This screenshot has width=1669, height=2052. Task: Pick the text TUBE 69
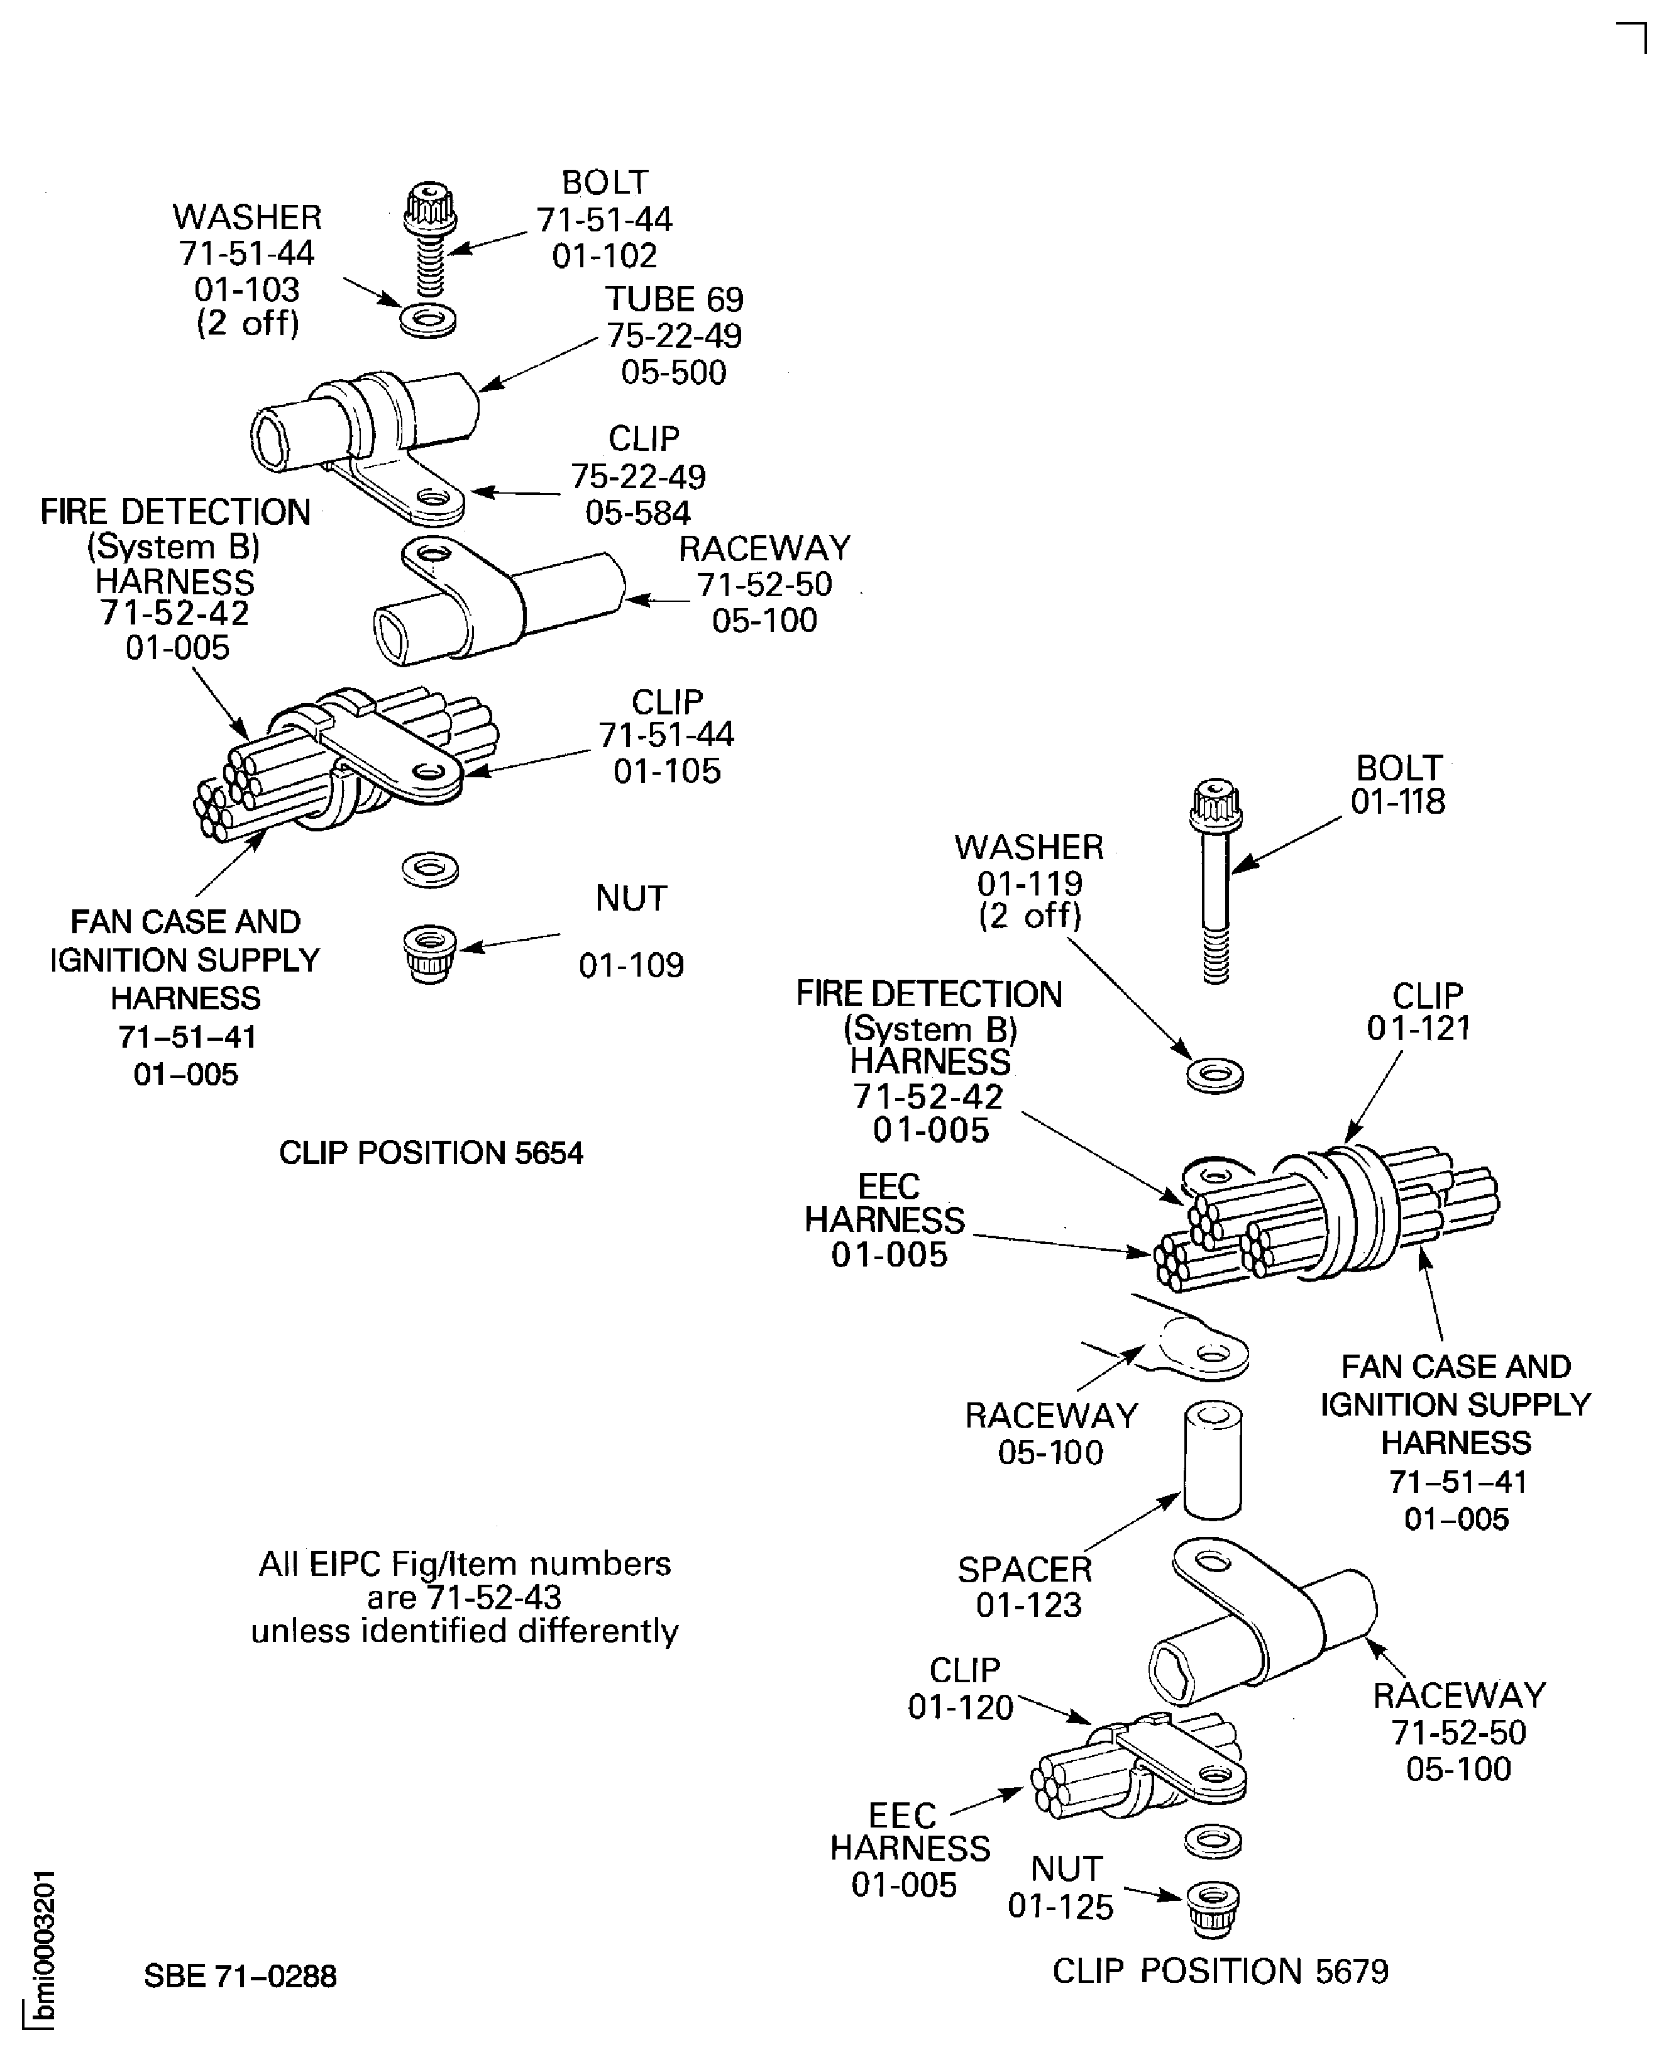point(674,300)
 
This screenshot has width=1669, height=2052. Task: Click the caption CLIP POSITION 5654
point(431,1153)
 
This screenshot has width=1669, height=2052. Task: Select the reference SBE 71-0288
point(240,1976)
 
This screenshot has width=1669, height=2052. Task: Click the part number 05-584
point(639,513)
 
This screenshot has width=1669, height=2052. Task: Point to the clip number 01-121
point(1419,1028)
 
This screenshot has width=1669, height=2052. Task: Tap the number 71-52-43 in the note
point(493,1597)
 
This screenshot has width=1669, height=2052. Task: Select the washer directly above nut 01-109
point(430,871)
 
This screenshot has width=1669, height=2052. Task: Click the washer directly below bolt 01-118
point(1215,1075)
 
